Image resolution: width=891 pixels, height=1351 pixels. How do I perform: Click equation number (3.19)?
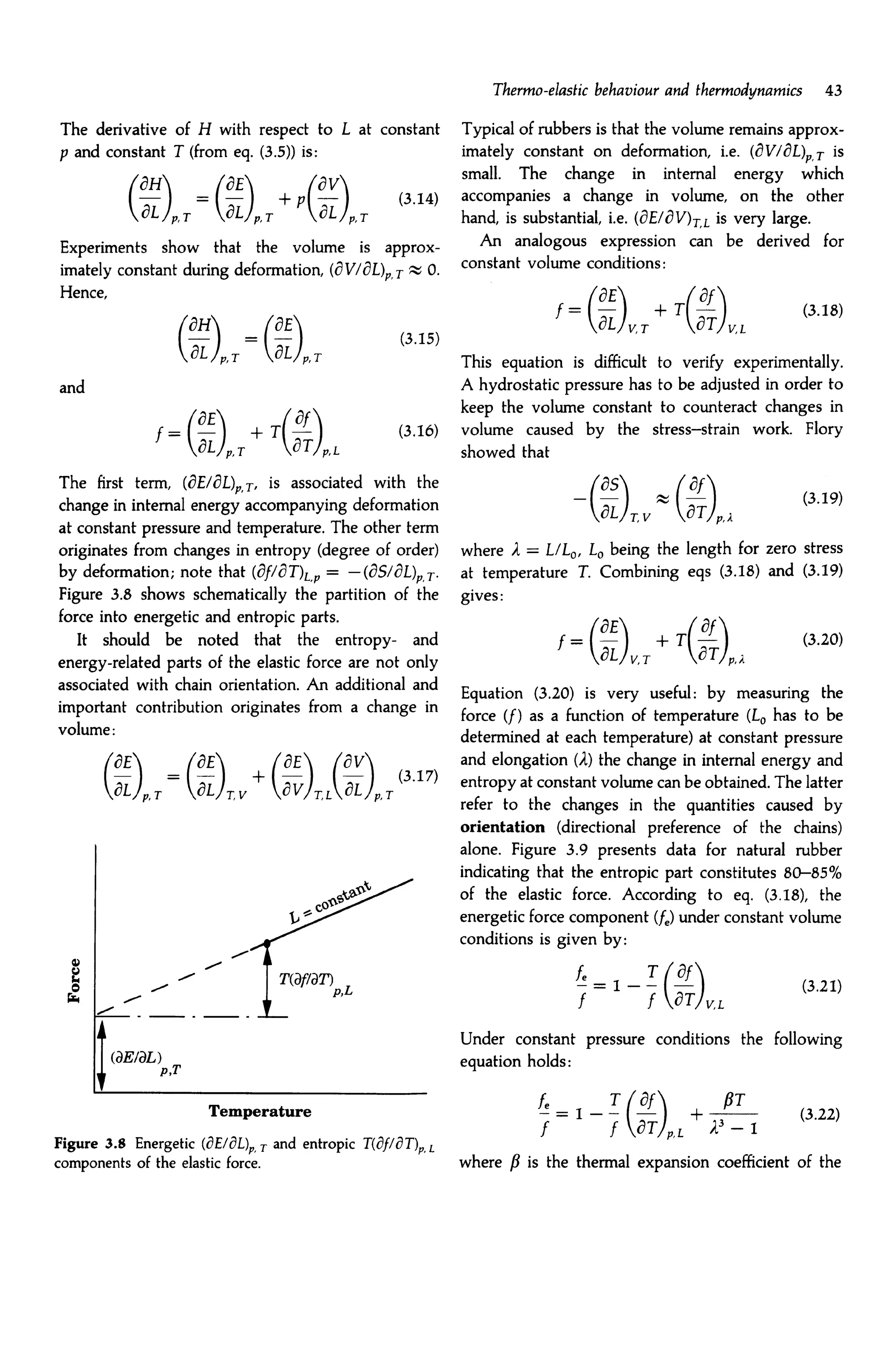point(822,498)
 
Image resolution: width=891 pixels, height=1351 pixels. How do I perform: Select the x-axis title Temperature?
point(260,1111)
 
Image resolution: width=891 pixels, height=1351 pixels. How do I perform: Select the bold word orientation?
point(502,827)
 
